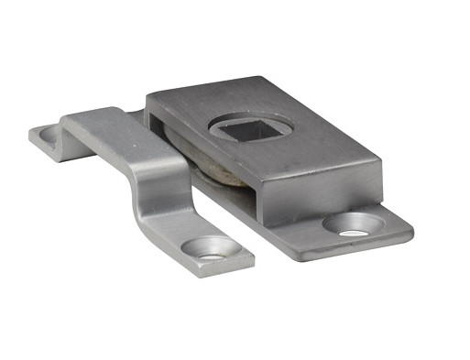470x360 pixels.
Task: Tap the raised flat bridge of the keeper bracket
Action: (x=110, y=125)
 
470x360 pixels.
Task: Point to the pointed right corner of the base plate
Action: (x=411, y=225)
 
